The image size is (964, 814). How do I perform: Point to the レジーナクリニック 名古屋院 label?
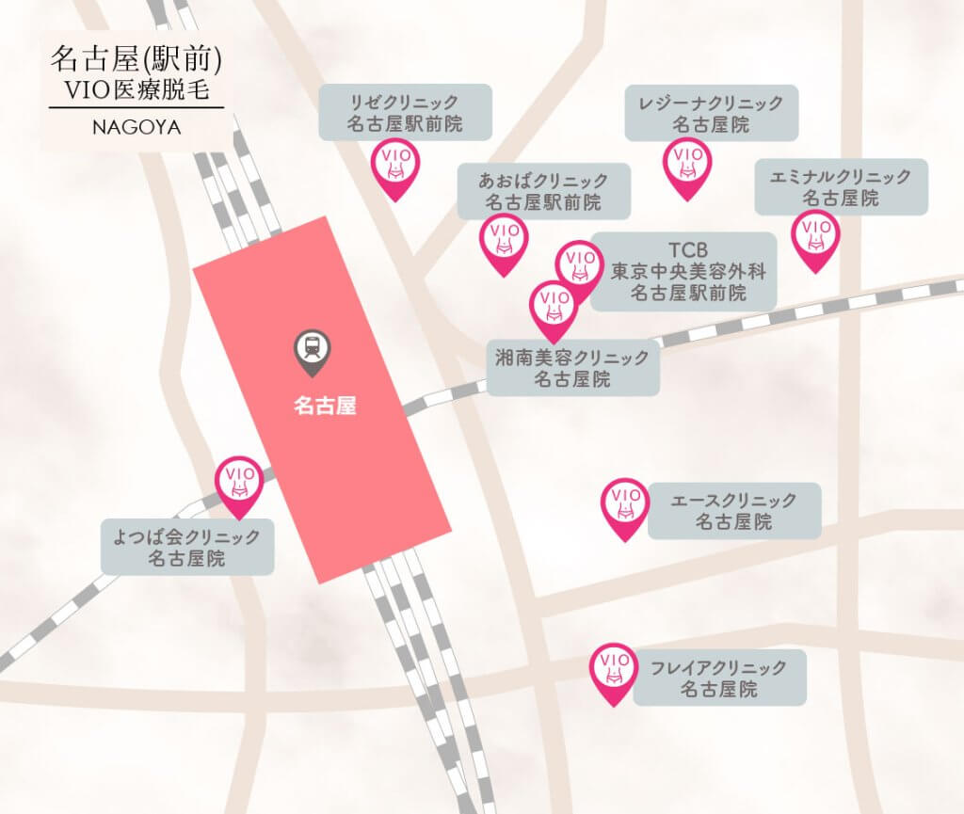pos(711,113)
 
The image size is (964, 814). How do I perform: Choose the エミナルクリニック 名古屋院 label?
pos(841,186)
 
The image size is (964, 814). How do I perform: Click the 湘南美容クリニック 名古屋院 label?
pos(572,368)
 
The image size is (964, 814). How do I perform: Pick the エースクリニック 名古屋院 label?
pos(733,510)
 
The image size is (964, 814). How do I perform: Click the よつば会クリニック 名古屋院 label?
pos(186,548)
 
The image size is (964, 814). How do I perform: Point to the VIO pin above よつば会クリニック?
pos(239,484)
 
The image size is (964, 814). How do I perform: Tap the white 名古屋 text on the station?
pos(325,407)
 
